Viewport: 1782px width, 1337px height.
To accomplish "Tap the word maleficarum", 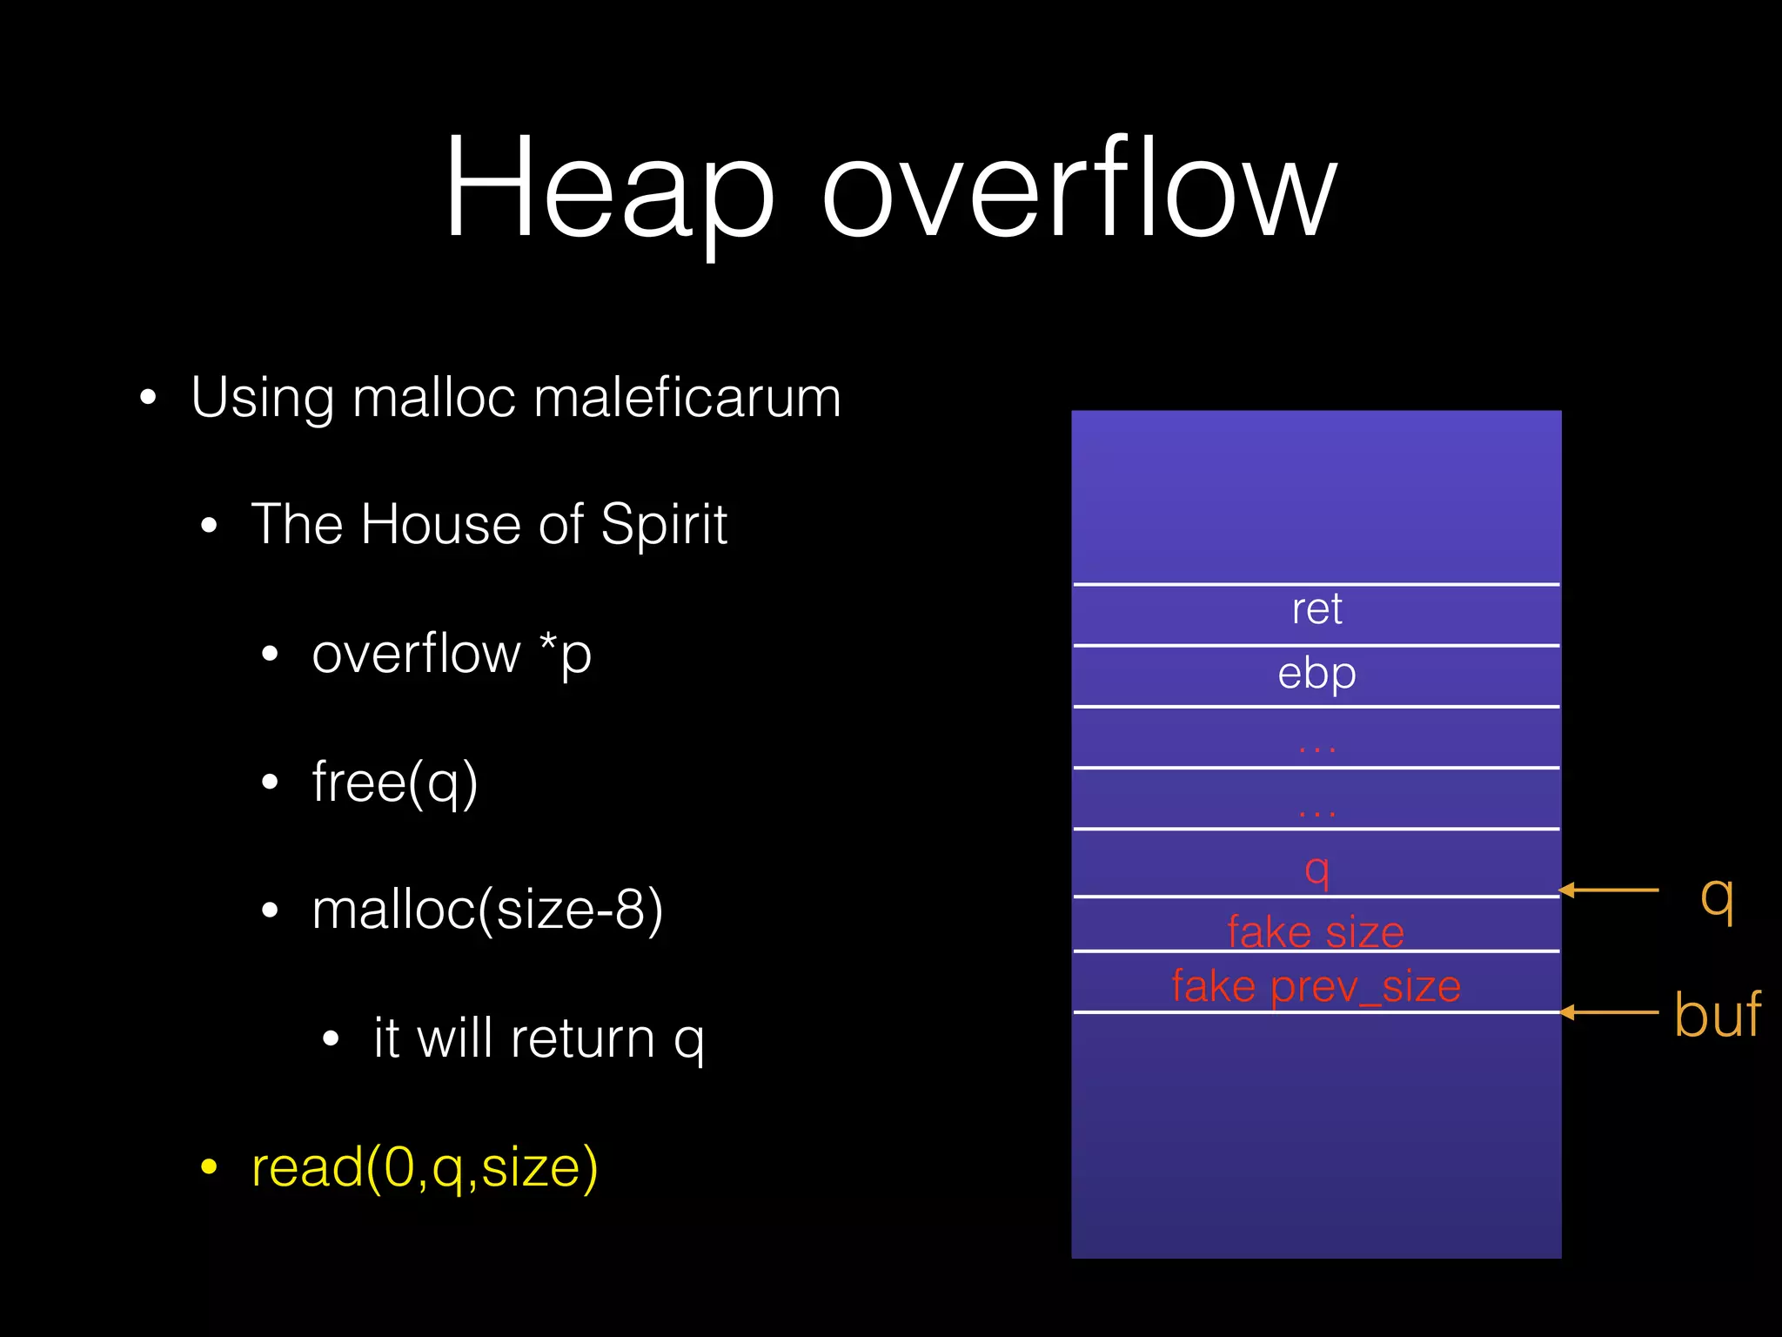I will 687,398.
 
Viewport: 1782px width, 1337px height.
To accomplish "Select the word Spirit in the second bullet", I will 663,525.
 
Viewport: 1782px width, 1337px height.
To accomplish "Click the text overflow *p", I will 452,654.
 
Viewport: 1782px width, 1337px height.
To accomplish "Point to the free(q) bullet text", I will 395,782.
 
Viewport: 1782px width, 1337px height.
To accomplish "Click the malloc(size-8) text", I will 487,910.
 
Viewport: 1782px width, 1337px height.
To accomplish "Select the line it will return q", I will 539,1038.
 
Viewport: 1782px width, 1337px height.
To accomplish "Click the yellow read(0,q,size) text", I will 425,1167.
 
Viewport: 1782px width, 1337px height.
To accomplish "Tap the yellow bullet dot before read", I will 209,1167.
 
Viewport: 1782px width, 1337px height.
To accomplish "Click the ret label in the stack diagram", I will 1316,608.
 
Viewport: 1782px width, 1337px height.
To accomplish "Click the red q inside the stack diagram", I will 1316,869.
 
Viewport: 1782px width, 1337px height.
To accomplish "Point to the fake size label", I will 1316,931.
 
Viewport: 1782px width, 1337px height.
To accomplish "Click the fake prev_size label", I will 1316,986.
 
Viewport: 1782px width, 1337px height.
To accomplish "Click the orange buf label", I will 1717,1015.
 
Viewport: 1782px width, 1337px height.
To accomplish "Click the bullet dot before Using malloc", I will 149,398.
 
